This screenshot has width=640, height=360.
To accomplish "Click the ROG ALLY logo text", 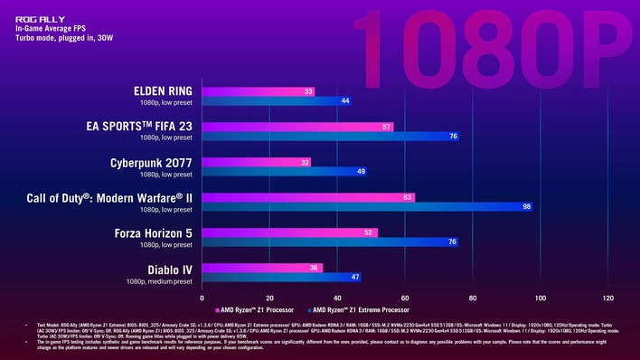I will pyautogui.click(x=36, y=16).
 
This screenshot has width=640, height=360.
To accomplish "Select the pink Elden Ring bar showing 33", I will pyautogui.click(x=259, y=91).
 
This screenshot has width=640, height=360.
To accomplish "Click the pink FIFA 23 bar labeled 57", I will pyautogui.click(x=297, y=127).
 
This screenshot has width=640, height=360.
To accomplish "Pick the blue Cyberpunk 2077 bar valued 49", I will pyautogui.click(x=285, y=172).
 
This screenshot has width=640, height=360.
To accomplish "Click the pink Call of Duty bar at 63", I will pyautogui.click(x=308, y=197).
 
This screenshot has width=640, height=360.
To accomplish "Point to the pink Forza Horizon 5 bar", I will pyautogui.click(x=289, y=232).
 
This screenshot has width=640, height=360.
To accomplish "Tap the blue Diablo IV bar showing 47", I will pyautogui.click(x=281, y=278).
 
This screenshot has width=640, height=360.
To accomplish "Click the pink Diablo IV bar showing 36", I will pyautogui.click(x=262, y=268).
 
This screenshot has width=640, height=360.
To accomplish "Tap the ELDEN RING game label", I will pyautogui.click(x=163, y=90).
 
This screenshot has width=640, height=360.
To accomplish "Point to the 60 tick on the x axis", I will pyautogui.click(x=405, y=298).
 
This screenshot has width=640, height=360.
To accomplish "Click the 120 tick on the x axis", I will pyautogui.click(x=607, y=298).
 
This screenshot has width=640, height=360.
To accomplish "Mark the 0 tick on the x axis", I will pyautogui.click(x=202, y=298).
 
